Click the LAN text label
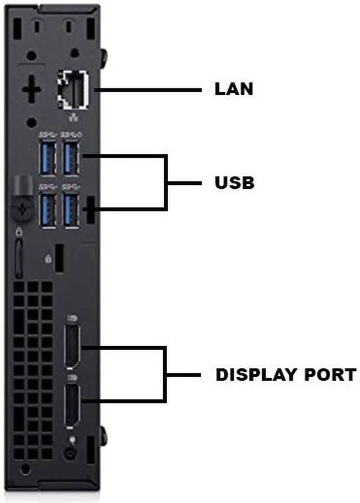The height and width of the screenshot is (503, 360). [234, 89]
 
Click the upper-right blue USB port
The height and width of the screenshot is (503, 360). [71, 158]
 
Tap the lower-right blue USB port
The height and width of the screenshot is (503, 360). [71, 210]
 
